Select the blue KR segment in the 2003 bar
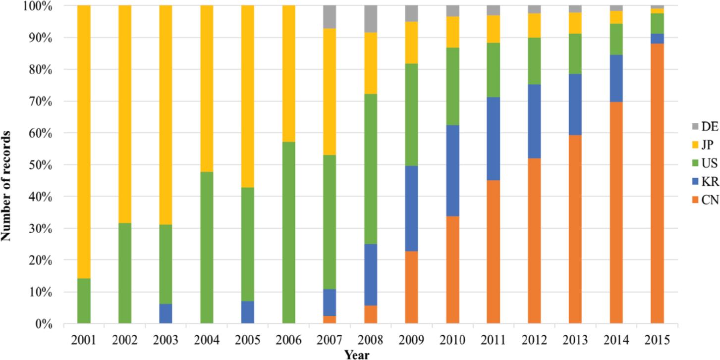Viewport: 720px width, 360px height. click(x=166, y=314)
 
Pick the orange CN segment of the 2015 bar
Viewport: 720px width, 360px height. click(x=657, y=183)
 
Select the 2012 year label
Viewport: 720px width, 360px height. click(x=534, y=340)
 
